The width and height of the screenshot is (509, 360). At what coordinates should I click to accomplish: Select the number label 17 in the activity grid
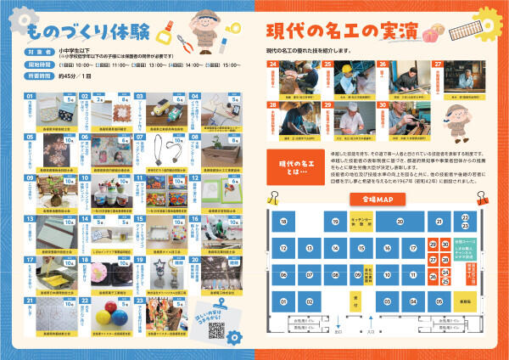27,258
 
